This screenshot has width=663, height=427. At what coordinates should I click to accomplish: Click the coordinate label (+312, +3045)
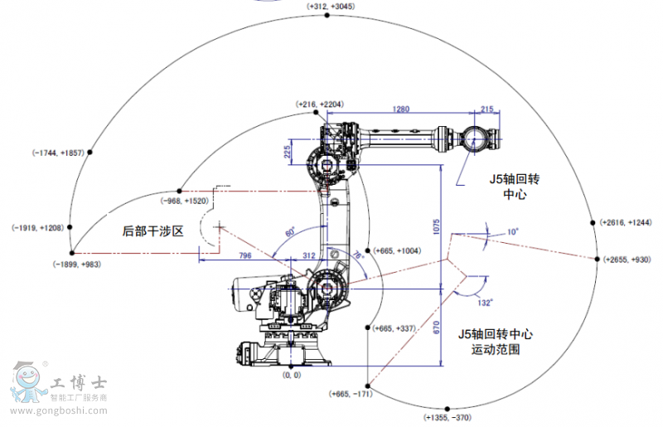point(331,6)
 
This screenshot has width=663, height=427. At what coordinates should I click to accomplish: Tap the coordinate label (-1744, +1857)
point(58,153)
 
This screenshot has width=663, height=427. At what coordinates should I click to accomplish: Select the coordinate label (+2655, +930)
point(628,260)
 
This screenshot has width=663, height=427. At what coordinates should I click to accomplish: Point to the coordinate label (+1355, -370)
point(448,416)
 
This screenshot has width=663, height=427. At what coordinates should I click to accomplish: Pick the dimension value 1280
point(401,109)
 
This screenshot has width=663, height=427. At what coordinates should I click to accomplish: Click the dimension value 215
point(486,109)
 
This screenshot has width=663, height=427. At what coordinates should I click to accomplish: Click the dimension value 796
point(245,255)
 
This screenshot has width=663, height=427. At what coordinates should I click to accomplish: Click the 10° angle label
point(513,232)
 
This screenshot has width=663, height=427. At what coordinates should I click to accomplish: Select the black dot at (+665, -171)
point(370,385)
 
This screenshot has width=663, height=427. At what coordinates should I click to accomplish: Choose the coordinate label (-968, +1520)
point(185,201)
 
